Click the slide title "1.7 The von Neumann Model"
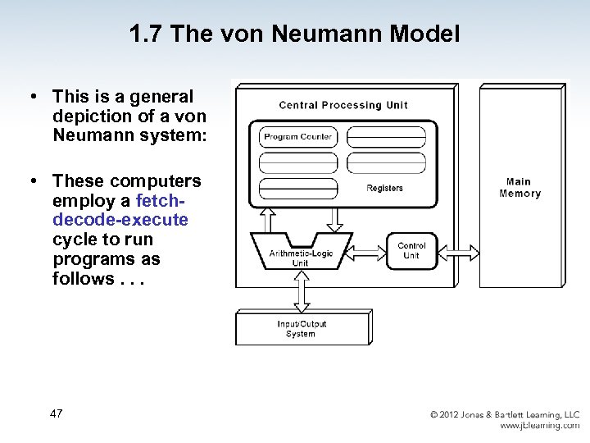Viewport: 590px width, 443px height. tap(294, 34)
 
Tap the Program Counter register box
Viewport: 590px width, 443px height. tap(298, 137)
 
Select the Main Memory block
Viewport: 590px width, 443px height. tap(520, 188)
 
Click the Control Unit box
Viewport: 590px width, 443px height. tap(411, 251)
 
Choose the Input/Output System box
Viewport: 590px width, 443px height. tap(301, 329)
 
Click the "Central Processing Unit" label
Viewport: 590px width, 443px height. tap(343, 105)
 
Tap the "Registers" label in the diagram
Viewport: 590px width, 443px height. tap(384, 189)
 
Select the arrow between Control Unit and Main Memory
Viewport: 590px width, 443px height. tap(459, 249)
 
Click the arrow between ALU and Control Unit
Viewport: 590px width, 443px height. tap(368, 245)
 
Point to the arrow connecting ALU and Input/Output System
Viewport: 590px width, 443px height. tap(301, 290)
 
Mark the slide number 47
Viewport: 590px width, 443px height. tap(56, 413)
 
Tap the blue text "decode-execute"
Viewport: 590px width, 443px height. tap(120, 220)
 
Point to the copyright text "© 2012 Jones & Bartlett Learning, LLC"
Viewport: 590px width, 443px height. tap(505, 415)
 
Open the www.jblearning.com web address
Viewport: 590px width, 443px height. tap(539, 426)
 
